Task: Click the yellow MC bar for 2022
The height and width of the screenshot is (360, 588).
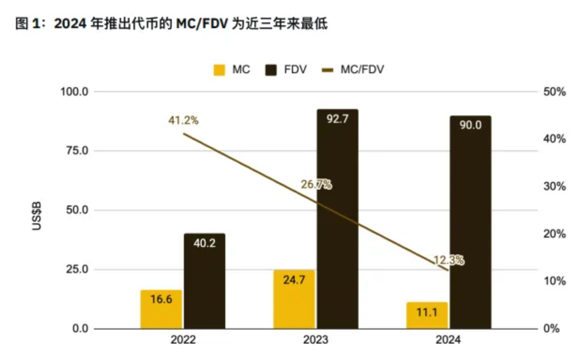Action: click(161, 309)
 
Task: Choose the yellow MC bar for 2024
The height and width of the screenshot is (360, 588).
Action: click(427, 315)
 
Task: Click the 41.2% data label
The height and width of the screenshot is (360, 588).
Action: click(183, 121)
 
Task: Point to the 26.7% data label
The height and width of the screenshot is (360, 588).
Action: click(316, 184)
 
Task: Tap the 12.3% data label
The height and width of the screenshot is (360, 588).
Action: click(449, 260)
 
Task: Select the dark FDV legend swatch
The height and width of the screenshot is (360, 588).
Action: click(271, 70)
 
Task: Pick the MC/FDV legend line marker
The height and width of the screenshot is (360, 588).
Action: click(328, 70)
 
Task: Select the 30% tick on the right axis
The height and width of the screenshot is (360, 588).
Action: click(555, 186)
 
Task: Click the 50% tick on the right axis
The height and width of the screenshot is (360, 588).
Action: click(555, 92)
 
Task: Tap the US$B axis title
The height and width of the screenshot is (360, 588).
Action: click(37, 216)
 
